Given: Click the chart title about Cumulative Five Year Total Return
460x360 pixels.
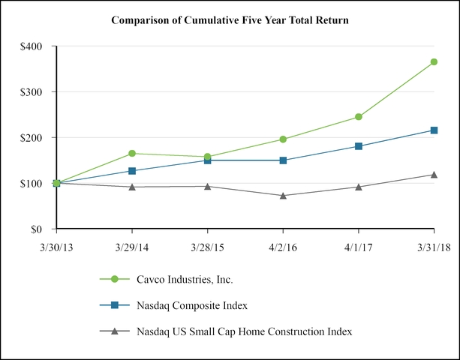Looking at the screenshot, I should pos(230,19).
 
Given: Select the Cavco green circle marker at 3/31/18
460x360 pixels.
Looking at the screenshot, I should pos(434,62).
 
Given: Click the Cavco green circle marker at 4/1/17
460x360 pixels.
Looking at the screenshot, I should pos(359,117).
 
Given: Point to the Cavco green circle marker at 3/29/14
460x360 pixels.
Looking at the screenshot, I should pos(133,153).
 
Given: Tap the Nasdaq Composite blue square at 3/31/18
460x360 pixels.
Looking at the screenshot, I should pos(434,130).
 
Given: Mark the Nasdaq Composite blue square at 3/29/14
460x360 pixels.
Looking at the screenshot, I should pos(133,171).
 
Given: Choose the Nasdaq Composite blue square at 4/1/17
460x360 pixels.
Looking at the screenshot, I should pos(359,146).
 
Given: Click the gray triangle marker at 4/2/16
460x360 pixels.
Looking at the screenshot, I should pos(283,196).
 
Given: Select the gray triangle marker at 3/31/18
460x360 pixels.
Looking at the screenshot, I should pos(434,175).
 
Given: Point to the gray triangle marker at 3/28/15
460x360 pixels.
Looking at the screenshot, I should pos(208,186).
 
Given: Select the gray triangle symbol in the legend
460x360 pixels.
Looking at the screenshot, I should pos(115,331).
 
